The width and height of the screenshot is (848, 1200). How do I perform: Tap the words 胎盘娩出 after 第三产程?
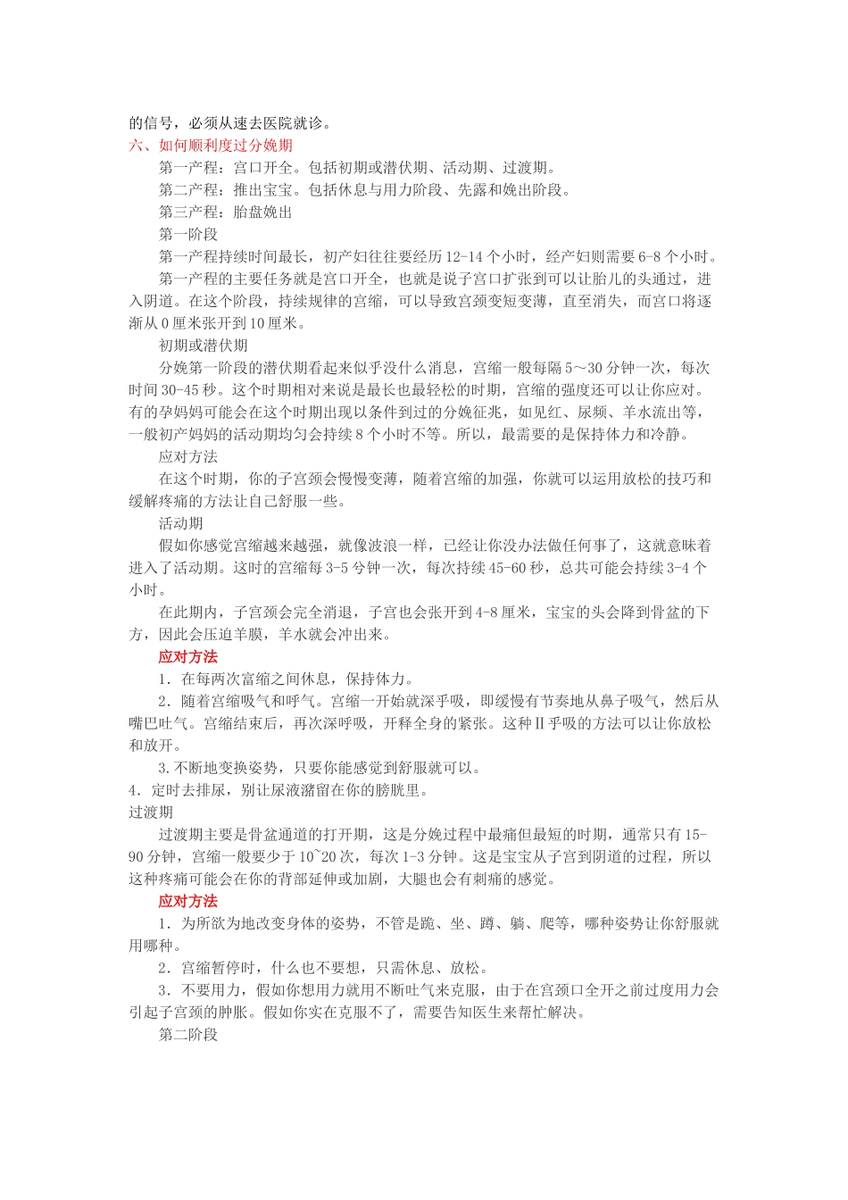tap(262, 212)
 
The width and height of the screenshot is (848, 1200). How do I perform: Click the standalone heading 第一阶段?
tap(188, 234)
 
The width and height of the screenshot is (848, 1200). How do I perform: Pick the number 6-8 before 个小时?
tap(649, 256)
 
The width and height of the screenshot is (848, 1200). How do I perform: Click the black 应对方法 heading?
tap(188, 456)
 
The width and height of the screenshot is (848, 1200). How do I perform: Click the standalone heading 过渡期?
tap(151, 812)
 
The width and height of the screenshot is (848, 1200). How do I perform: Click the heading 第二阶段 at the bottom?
tap(188, 1035)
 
